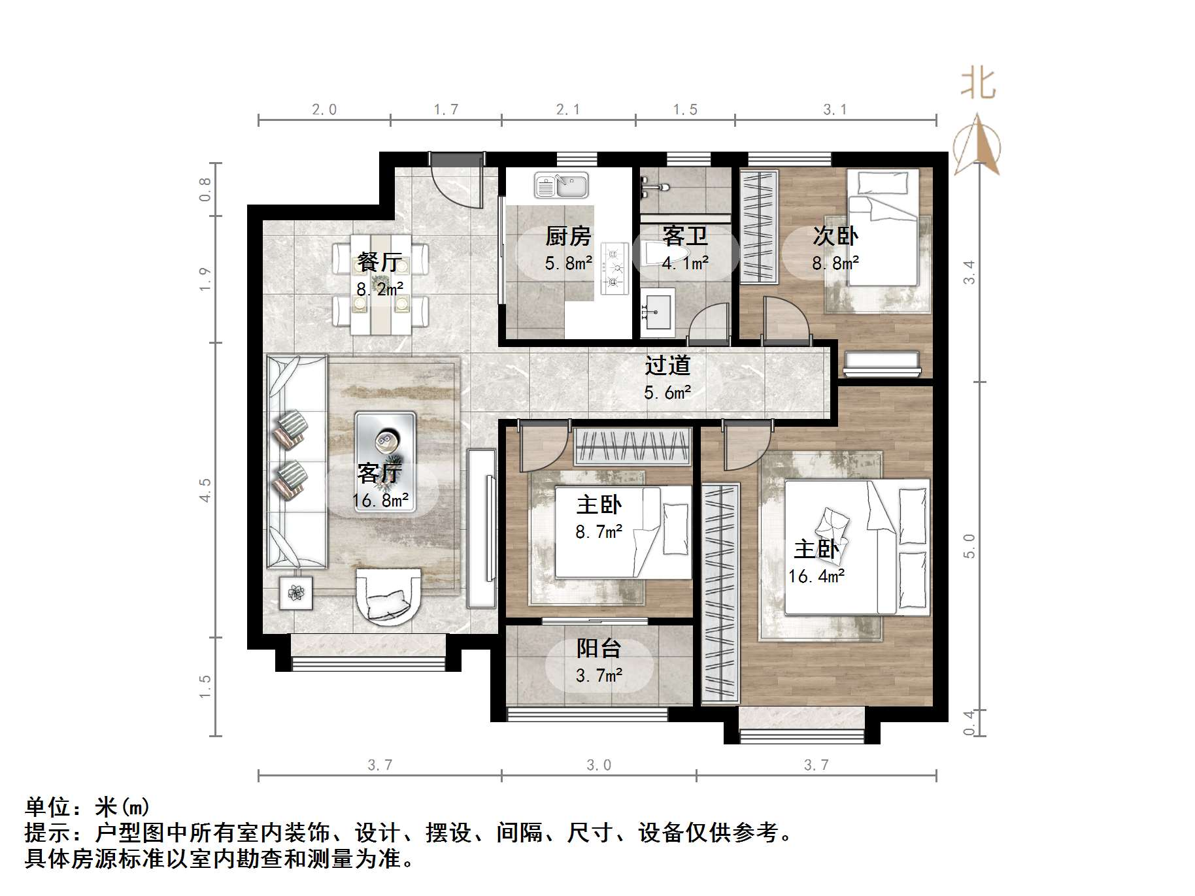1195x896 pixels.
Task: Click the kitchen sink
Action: point(561,185)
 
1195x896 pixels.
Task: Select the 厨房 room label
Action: point(568,236)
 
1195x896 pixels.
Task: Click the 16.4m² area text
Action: point(816,576)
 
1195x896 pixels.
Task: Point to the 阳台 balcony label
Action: point(598,648)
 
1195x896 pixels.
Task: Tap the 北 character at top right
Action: point(978,84)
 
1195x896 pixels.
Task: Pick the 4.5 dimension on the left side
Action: point(205,489)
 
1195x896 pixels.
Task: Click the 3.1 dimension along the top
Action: point(835,110)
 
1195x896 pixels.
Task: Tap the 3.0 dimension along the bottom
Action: point(598,765)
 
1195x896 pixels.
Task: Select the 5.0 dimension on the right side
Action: point(969,546)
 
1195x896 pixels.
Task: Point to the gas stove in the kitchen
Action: point(614,267)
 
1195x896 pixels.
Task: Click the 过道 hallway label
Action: point(667,365)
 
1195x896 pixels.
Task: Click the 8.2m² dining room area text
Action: point(380,289)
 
